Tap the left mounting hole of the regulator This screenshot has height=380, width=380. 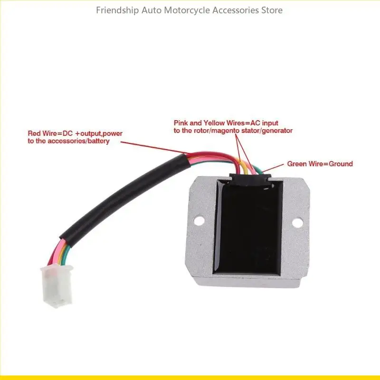(199, 220)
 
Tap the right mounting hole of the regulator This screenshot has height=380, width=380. (298, 222)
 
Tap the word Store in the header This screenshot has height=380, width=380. (271, 10)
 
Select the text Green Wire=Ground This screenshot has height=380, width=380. (320, 164)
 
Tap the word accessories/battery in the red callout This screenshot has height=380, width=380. (82, 141)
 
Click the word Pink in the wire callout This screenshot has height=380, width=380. (181, 123)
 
